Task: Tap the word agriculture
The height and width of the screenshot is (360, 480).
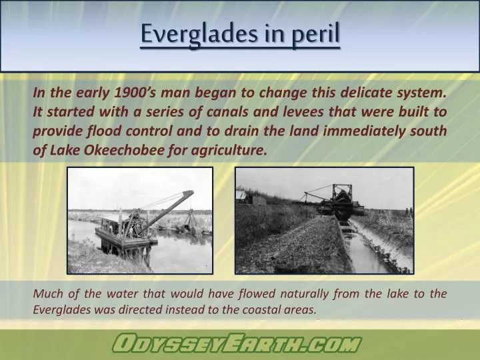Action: [231, 150]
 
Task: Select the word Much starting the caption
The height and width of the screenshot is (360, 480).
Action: [47, 294]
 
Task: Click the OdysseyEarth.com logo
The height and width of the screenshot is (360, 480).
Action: [236, 344]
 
